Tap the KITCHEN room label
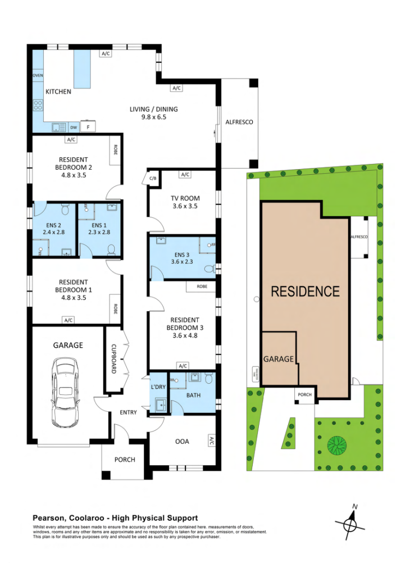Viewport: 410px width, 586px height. tap(58, 92)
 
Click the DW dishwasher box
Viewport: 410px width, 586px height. tap(74, 127)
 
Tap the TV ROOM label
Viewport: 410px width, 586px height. tap(185, 198)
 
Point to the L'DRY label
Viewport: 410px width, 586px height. tap(157, 387)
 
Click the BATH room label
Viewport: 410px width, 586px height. tap(193, 396)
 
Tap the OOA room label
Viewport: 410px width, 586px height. tap(182, 442)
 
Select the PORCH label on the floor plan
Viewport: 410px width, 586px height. tap(125, 460)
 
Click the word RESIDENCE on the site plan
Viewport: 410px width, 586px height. tap(305, 292)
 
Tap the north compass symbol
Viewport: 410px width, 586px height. tap(350, 525)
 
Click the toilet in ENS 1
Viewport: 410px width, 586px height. tap(112, 249)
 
